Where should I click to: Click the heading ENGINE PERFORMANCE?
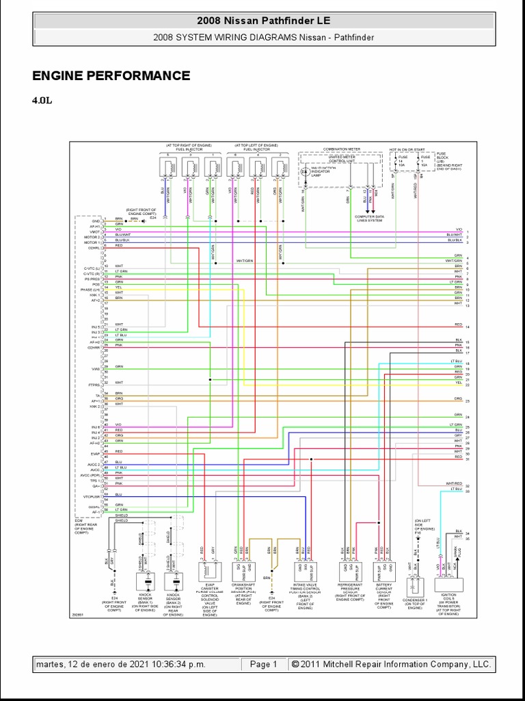(111, 76)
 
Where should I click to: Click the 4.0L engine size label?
(42, 101)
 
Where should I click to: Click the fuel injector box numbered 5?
(166, 166)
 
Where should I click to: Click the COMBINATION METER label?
(341, 149)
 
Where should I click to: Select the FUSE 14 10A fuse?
(401, 162)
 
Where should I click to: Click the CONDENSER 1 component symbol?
(414, 586)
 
